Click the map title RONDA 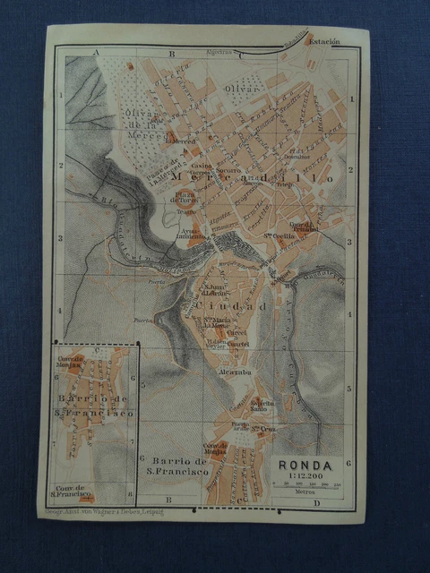point(305,465)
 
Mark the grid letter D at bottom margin point(315,504)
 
